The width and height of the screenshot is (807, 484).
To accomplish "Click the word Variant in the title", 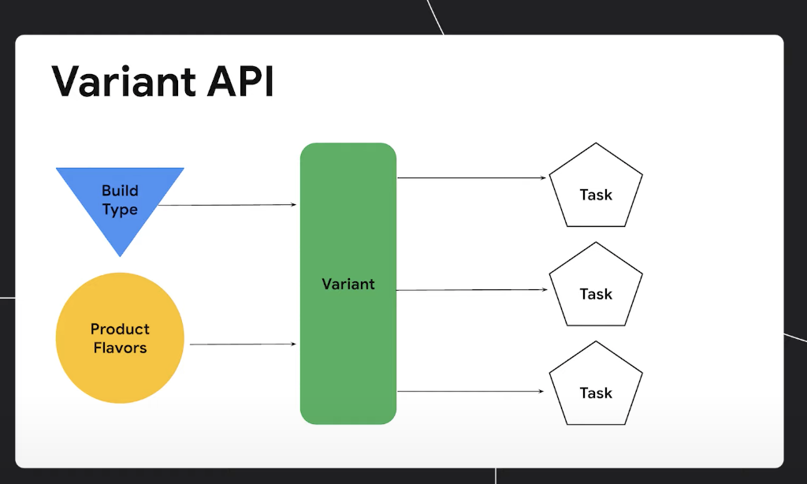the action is (124, 81).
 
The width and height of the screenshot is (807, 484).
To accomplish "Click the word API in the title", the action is (240, 81).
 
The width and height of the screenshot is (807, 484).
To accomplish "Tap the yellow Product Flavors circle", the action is (120, 337).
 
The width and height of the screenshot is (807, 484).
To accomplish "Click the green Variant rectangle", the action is (348, 284).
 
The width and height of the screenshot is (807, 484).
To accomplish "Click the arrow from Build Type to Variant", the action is (227, 205).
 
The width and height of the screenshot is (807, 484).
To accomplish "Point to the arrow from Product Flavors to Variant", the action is (243, 344).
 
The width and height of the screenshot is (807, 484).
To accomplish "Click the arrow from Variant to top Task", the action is (471, 177).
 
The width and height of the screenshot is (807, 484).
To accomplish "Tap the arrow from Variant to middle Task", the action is (471, 290).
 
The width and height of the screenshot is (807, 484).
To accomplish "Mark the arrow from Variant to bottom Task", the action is (470, 391).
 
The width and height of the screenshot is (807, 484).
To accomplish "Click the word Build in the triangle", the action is (120, 191).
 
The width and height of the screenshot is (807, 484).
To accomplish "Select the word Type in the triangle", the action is (120, 210).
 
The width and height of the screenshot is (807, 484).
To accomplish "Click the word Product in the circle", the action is (120, 329).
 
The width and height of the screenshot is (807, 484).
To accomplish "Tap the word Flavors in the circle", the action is (120, 348).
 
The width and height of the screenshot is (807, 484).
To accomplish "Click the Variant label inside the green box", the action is (348, 284).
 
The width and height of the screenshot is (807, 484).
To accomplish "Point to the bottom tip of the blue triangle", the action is (120, 256).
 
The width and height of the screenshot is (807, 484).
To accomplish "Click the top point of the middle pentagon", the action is (596, 242).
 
